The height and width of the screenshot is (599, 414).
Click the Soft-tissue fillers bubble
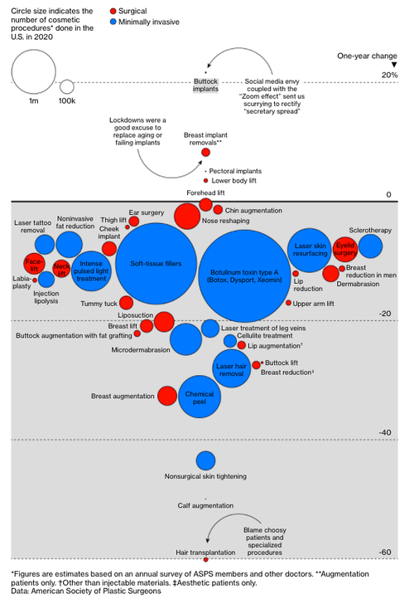156,264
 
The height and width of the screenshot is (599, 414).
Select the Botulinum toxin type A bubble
244,275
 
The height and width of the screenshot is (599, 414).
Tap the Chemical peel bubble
200,397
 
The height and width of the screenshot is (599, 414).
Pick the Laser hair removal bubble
231,368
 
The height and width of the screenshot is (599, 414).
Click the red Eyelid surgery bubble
345,250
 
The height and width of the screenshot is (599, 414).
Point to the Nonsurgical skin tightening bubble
205,460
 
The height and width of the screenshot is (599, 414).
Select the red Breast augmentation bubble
167,396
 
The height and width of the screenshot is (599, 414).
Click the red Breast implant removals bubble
205,153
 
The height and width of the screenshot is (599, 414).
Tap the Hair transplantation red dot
206,560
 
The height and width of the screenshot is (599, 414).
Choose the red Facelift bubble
34,264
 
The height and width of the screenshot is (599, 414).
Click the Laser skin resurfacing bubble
310,251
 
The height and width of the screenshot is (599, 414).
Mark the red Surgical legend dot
113,11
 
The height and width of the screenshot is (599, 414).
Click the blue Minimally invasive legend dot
113,22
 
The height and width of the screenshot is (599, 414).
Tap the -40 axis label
385,432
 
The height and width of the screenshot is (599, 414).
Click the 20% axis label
390,75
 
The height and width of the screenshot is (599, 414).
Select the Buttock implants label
205,85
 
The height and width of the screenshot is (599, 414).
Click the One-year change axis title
367,56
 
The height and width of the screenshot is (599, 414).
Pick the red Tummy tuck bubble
126,303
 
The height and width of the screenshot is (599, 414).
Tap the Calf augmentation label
205,505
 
